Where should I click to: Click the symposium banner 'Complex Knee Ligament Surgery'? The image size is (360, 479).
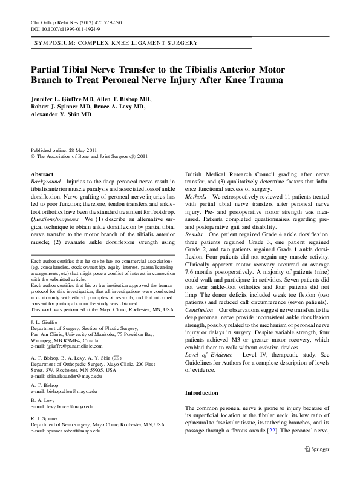click(115, 44)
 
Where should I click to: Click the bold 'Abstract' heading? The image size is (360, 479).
click(42, 173)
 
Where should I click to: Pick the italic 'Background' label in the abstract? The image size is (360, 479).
click(45, 182)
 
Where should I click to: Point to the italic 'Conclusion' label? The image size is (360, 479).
click(199, 309)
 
